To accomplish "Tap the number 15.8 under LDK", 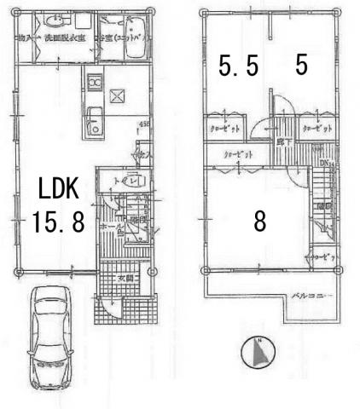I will pyautogui.click(x=59, y=223).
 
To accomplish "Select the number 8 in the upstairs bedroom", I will pyautogui.click(x=259, y=222).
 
